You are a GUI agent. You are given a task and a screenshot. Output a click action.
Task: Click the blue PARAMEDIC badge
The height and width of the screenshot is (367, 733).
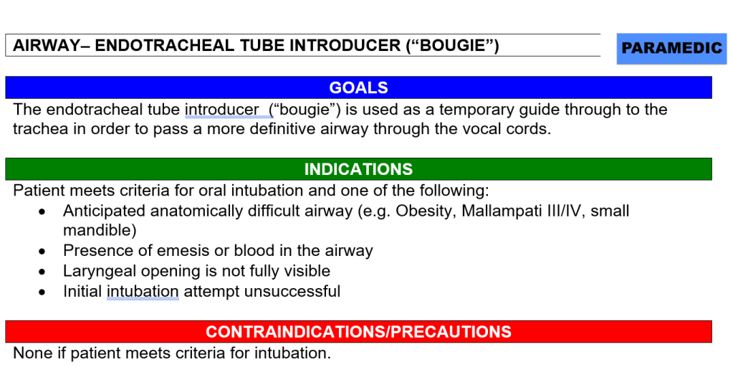pos(671,48)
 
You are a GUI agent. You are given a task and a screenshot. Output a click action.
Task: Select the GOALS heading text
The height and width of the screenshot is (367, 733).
pos(358,87)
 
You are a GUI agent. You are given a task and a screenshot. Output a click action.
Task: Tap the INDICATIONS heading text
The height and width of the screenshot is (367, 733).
pos(358,168)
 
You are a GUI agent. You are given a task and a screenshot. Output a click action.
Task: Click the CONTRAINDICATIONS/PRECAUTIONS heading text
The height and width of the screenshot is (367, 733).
pos(358,331)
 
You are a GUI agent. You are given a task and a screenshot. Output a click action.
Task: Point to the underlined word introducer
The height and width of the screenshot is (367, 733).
pos(221,110)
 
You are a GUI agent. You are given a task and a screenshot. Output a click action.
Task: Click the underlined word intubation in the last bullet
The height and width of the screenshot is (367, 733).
pos(143,291)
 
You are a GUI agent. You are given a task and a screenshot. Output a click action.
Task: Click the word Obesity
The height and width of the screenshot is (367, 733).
pos(426,211)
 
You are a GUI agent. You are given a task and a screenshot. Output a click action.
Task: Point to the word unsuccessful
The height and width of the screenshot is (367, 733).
pos(292,291)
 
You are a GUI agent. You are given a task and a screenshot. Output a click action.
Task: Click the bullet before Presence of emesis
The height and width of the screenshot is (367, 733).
pos(42,252)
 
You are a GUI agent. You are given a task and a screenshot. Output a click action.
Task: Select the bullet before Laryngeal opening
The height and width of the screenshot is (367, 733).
pos(42,272)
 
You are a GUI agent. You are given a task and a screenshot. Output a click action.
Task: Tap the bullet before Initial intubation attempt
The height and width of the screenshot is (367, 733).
pos(42,292)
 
